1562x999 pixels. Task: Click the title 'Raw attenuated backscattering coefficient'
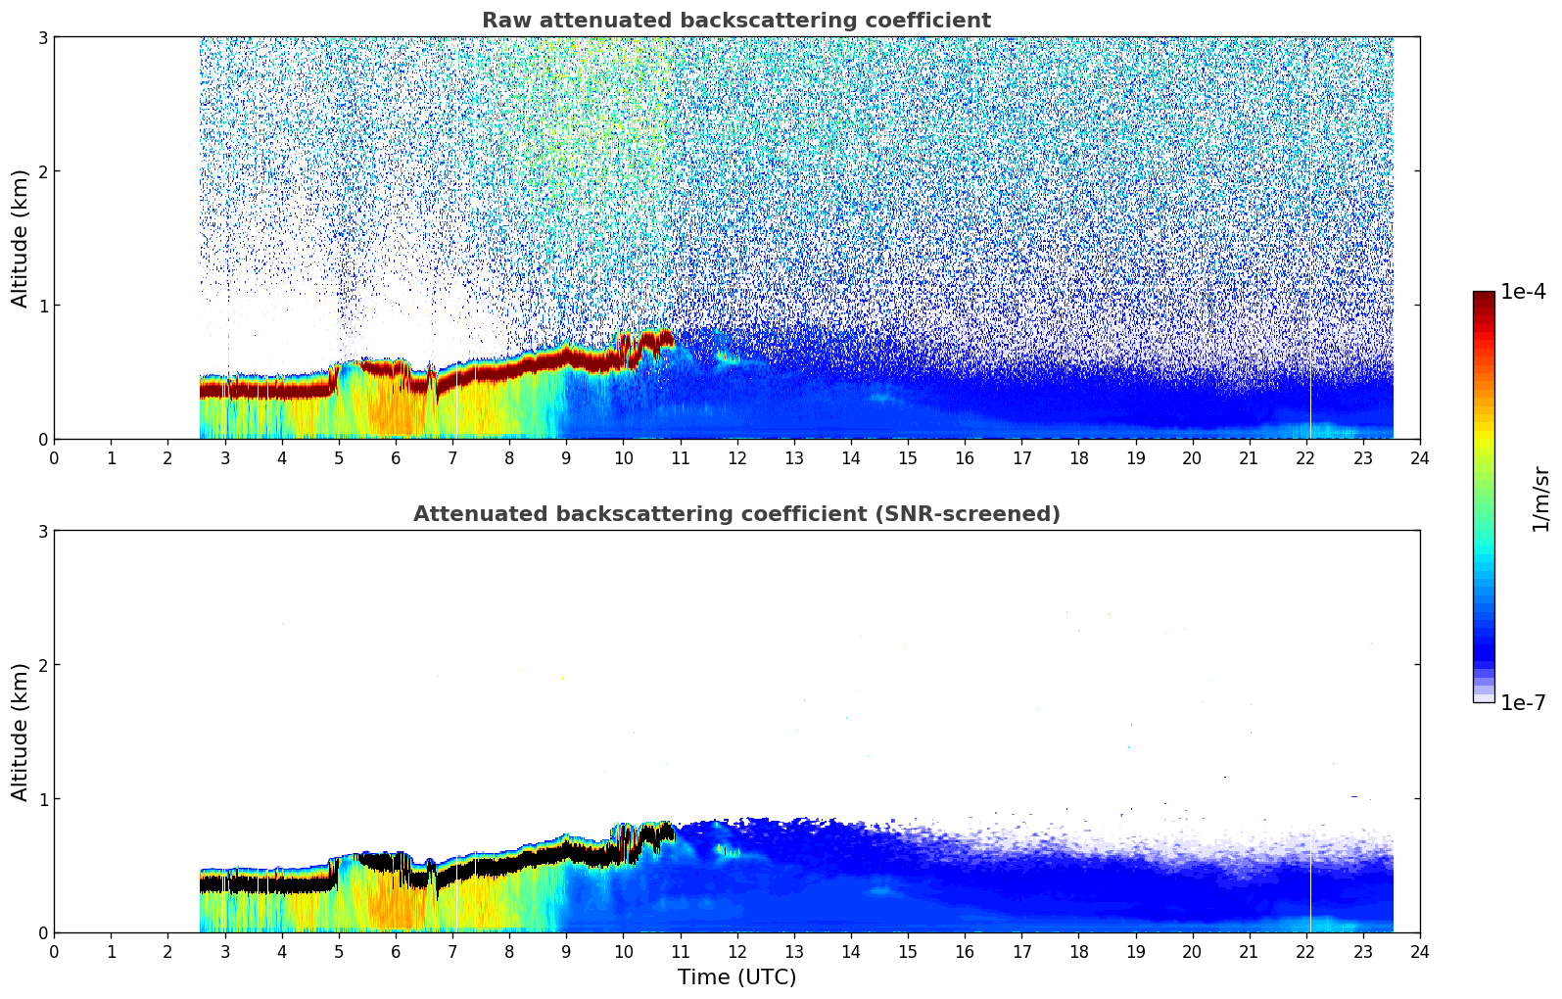(x=735, y=21)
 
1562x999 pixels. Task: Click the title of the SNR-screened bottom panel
(x=735, y=514)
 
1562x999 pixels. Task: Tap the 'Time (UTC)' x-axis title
(x=736, y=977)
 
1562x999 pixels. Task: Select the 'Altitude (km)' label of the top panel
(x=21, y=238)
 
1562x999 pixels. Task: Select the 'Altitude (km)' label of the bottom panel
(x=21, y=732)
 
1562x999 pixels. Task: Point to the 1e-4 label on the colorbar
(x=1523, y=292)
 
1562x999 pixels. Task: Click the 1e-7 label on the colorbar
(x=1523, y=702)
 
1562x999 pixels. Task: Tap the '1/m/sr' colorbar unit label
(x=1540, y=498)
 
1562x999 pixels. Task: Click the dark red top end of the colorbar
(x=1484, y=297)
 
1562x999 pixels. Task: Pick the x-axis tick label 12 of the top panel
(x=736, y=457)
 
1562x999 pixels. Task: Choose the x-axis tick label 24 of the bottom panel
(x=1419, y=951)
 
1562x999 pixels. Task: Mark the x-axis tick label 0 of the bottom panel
(x=54, y=951)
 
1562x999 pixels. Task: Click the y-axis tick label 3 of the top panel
(x=42, y=37)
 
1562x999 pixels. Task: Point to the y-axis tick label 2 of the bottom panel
(x=42, y=665)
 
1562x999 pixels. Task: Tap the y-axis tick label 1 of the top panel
(x=42, y=306)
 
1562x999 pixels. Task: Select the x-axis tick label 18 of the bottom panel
(x=1078, y=951)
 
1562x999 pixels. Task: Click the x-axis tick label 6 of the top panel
(x=396, y=457)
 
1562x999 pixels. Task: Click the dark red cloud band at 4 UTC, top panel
(x=282, y=389)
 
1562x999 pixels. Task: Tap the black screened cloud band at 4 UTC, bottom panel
(x=282, y=883)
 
